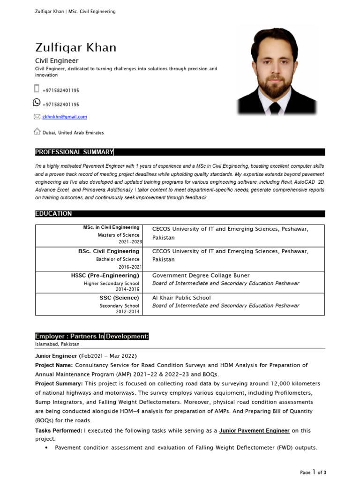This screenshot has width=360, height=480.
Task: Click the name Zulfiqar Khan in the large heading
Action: pos(75,48)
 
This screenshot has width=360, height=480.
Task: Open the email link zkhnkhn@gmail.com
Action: pos(64,117)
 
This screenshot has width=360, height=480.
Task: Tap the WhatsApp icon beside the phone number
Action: pos(37,103)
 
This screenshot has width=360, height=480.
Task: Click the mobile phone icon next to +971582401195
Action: pos(37,89)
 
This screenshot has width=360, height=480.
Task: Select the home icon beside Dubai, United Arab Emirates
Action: pos(37,132)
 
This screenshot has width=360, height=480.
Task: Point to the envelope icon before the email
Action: pos(37,117)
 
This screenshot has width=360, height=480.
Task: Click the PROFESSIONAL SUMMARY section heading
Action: pos(74,152)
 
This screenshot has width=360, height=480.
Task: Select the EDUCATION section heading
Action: pos(53,214)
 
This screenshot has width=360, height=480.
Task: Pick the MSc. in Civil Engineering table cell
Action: pos(111,227)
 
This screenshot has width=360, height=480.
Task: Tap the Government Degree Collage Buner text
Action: pos(201,276)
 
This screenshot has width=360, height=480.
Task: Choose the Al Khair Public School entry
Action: pos(181,298)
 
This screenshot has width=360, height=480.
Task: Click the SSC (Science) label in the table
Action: pos(119,298)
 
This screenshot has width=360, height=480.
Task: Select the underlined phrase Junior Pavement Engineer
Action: pos(255,430)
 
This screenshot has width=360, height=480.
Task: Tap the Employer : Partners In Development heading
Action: pos(92,336)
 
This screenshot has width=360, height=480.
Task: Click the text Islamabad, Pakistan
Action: pos(57,344)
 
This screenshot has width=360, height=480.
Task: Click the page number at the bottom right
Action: pos(314,472)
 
